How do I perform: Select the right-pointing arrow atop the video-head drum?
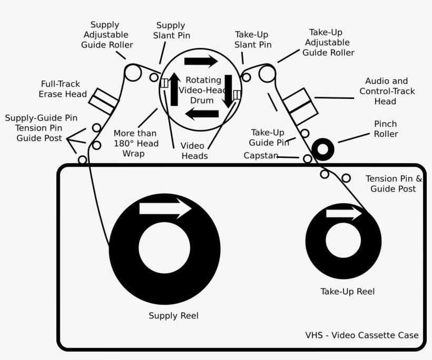[x=201, y=61]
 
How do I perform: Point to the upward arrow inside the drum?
[x=174, y=89]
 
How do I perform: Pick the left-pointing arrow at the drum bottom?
[x=202, y=114]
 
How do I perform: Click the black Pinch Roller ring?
[x=322, y=149]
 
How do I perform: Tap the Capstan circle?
[x=308, y=158]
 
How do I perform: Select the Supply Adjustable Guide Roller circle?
[x=133, y=73]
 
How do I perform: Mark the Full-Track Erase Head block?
[x=103, y=101]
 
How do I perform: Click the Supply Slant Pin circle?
[x=154, y=78]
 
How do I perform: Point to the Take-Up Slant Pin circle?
[x=246, y=78]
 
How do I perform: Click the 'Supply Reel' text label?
[x=173, y=316]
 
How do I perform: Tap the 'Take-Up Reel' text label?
[x=347, y=292]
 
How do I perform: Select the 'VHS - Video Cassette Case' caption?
[x=361, y=335]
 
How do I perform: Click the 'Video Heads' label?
[x=194, y=151]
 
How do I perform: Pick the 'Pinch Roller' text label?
[x=386, y=129]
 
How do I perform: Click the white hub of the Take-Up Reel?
[x=343, y=241]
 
